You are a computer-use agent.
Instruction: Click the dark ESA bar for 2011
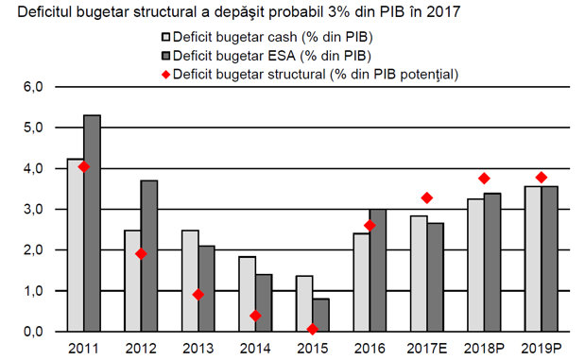point(93,223)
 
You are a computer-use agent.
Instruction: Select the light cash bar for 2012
point(133,281)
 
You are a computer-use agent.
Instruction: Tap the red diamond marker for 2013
point(198,295)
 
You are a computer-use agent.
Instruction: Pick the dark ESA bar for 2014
point(264,302)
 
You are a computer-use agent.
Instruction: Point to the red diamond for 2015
point(313,329)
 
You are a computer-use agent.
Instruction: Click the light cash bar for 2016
point(362,283)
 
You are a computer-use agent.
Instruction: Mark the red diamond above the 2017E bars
point(427,197)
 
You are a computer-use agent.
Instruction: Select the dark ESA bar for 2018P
point(492,262)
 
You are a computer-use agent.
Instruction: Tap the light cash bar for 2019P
point(533,259)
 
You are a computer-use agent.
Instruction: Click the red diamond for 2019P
point(542,178)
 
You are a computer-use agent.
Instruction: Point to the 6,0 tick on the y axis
point(33,87)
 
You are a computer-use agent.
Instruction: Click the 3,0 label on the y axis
point(33,209)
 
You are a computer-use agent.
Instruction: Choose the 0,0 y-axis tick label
point(33,332)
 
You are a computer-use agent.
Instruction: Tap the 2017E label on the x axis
point(427,349)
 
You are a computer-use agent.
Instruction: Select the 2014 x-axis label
point(255,349)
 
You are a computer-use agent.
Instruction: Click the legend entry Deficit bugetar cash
point(267,37)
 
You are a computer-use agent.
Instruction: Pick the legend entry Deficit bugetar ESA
point(267,56)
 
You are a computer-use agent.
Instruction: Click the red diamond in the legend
point(166,75)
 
